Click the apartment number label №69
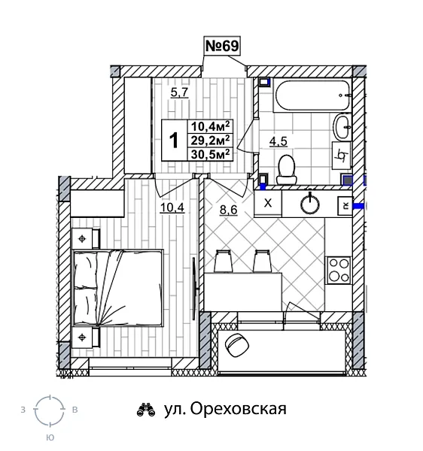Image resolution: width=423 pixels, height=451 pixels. click(222, 47)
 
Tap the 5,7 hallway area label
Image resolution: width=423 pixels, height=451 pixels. click(179, 93)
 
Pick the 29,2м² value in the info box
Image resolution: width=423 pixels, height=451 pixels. click(211, 139)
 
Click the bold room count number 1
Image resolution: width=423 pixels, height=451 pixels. click(173, 140)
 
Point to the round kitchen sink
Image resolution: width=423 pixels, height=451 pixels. click(309, 203)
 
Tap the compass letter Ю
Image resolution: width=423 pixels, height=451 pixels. click(50, 437)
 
